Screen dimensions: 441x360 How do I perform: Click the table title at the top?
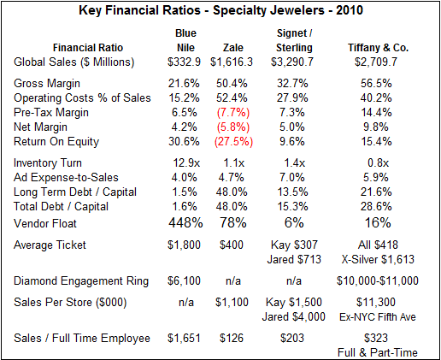[220, 10]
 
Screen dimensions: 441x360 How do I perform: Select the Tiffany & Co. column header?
[378, 48]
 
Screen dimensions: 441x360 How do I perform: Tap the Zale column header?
[233, 48]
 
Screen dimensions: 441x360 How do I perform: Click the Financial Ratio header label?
[88, 48]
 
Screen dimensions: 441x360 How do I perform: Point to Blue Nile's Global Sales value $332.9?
[184, 62]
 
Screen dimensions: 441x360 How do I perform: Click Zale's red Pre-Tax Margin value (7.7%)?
[233, 113]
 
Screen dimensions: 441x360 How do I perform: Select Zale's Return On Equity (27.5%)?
[233, 142]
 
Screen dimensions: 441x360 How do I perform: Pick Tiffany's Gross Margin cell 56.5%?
[376, 84]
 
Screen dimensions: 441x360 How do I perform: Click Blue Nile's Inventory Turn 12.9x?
[186, 163]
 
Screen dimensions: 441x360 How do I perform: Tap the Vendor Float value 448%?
[185, 222]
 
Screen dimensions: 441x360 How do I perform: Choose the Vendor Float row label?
[45, 223]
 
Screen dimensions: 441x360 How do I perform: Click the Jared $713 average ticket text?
[294, 259]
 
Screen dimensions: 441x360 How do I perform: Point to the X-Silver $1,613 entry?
[378, 259]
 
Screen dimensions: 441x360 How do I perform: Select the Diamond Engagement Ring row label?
[81, 281]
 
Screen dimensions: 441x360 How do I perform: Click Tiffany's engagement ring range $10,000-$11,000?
[378, 281]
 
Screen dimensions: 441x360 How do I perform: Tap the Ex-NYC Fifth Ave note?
[378, 317]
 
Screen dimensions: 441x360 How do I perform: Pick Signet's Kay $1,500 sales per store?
[294, 303]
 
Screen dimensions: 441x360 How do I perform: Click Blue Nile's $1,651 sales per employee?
[184, 339]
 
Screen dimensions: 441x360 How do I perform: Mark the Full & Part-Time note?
[378, 353]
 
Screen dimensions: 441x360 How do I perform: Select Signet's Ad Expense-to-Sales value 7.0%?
[291, 178]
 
